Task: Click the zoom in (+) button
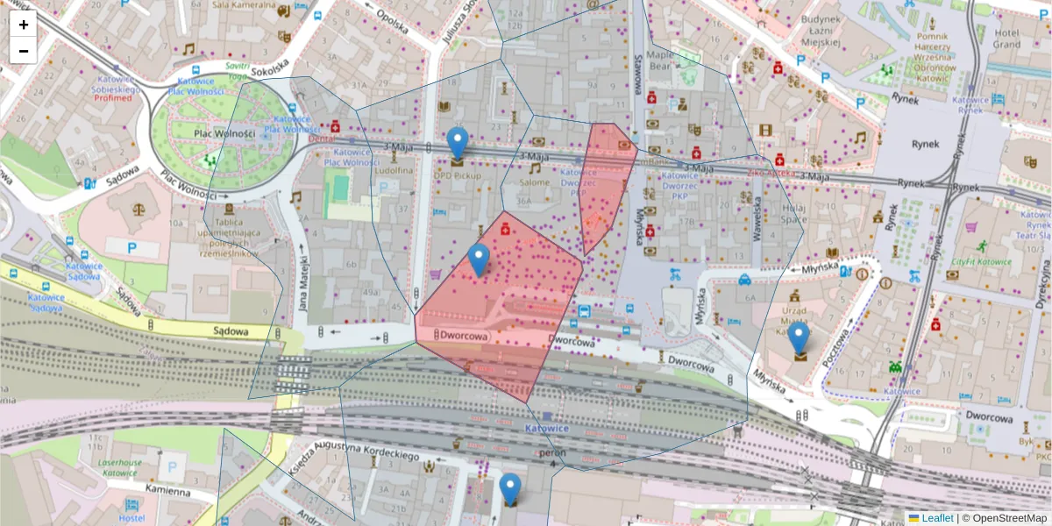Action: point(24,25)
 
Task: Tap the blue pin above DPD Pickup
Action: point(457,142)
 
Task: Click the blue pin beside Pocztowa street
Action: point(798,338)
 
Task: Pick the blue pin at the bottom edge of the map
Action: point(509,487)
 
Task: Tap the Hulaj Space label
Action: point(793,214)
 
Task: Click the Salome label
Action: point(534,182)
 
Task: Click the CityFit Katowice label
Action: point(981,261)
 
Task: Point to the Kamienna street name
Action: point(166,492)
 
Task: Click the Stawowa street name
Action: point(638,75)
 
